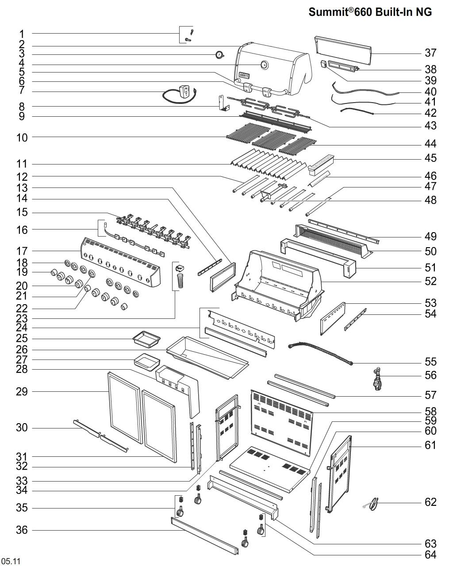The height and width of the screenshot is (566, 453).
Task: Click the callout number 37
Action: (430, 53)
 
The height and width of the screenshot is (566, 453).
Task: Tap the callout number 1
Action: (22, 34)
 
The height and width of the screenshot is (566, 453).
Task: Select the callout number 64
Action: (430, 555)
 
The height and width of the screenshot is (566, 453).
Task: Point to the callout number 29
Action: (22, 392)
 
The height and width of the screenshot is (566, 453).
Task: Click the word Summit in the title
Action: (328, 12)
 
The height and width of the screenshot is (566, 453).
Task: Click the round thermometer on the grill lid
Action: (264, 65)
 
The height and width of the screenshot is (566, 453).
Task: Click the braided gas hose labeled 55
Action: (320, 352)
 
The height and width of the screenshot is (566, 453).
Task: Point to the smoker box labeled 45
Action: (320, 163)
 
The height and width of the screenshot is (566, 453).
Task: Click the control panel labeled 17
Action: (119, 263)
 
